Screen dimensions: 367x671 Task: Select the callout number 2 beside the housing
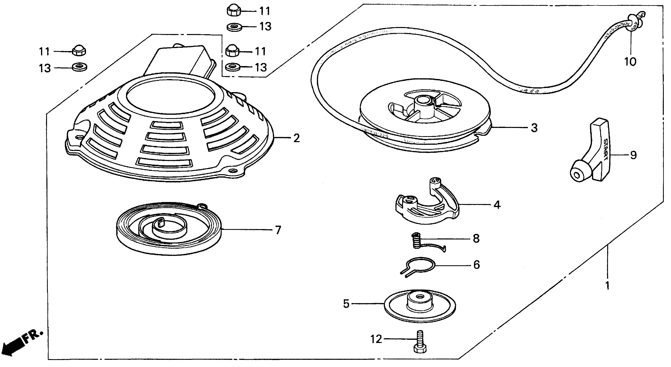click(x=296, y=138)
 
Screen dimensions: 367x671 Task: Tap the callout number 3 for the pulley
click(x=534, y=128)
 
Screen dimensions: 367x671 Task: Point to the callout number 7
click(x=278, y=230)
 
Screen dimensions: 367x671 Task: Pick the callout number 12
click(x=376, y=339)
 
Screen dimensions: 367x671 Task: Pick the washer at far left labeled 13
click(x=79, y=67)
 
